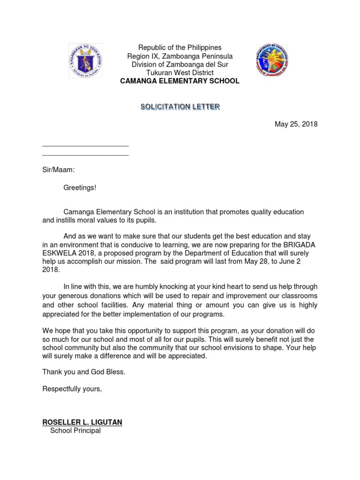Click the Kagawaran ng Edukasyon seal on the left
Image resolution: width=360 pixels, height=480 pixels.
point(85,61)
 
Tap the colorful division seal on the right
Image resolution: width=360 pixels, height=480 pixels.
point(272,61)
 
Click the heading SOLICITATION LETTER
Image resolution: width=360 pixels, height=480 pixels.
point(180,107)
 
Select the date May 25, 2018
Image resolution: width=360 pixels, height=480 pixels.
point(296,124)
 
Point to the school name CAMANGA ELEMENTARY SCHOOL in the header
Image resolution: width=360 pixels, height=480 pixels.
point(180,81)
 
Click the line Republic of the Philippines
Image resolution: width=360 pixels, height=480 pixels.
point(180,48)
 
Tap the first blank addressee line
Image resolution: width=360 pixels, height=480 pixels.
point(85,147)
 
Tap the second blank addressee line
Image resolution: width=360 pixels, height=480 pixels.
point(85,155)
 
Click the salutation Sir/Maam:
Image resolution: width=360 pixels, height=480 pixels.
point(58,171)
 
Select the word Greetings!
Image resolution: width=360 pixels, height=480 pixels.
point(80,187)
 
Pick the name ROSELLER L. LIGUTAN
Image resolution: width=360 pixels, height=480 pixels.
point(82,422)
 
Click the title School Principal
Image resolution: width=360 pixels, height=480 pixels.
point(75,430)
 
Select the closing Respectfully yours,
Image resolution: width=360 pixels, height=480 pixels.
point(72,389)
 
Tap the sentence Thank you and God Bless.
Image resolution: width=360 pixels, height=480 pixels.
point(84,372)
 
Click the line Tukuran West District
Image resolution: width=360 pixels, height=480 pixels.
point(180,73)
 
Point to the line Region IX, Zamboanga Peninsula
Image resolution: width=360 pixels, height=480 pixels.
point(180,56)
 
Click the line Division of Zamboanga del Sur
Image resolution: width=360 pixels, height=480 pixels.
point(180,65)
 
